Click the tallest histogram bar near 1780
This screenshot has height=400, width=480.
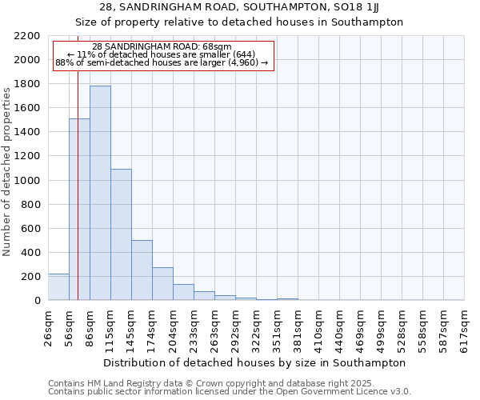pyautogui.click(x=100, y=193)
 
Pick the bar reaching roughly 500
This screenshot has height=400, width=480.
pyautogui.click(x=142, y=270)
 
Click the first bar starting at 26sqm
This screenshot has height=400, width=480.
pyautogui.click(x=58, y=287)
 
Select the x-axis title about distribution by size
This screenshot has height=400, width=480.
pyautogui.click(x=255, y=362)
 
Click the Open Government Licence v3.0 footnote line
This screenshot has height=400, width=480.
pyautogui.click(x=229, y=392)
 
